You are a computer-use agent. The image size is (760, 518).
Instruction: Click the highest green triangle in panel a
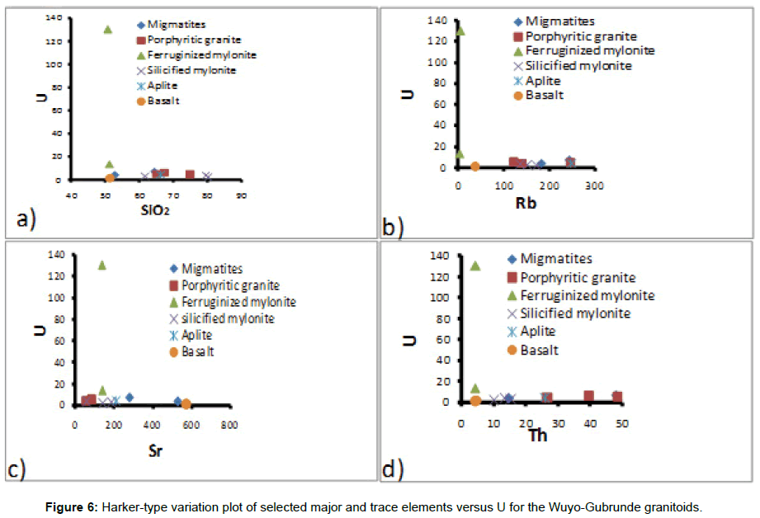click(107, 29)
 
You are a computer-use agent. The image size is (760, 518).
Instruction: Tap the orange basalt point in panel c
click(186, 404)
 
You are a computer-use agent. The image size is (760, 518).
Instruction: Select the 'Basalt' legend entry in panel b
click(544, 95)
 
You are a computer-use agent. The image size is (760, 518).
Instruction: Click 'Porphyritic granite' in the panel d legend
click(578, 278)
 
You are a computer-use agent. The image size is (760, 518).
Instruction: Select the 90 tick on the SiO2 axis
click(241, 195)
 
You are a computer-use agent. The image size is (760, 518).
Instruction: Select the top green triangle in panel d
click(475, 266)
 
